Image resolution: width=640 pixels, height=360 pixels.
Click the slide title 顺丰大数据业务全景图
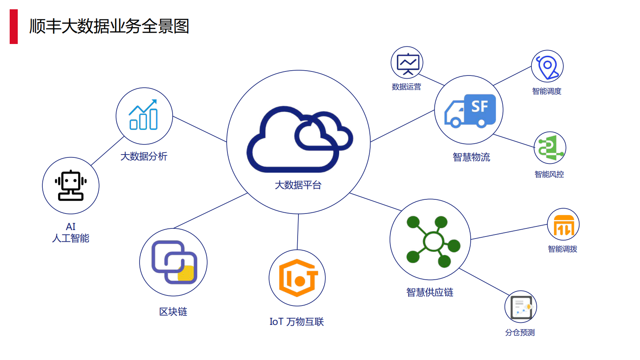click(x=109, y=26)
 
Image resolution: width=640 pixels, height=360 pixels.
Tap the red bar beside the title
click(x=14, y=27)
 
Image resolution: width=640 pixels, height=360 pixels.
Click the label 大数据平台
click(x=298, y=185)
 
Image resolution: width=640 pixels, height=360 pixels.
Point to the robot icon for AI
click(x=71, y=185)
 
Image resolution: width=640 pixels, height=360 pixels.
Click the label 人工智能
click(x=71, y=239)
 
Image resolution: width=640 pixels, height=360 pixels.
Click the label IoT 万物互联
click(x=297, y=322)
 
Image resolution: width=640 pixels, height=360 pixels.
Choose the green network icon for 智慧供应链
click(x=432, y=241)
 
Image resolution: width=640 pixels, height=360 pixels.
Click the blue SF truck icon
click(x=470, y=111)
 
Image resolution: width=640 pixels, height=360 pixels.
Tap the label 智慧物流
click(x=471, y=157)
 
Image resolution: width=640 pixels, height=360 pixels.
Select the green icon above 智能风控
click(x=550, y=148)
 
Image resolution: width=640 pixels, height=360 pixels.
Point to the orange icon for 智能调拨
click(x=563, y=225)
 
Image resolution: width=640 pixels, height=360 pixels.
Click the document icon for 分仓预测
click(x=521, y=307)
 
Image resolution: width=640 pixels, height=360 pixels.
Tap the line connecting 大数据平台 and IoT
click(x=298, y=232)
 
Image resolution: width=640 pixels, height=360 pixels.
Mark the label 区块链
click(x=173, y=312)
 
